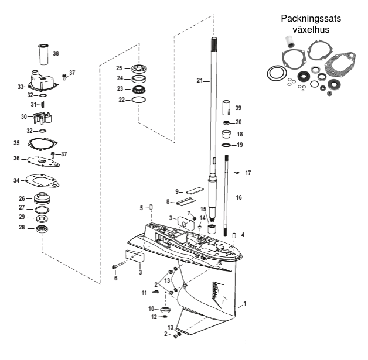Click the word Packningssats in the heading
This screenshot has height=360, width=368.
[x=311, y=19]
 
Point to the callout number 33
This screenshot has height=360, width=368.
[x=21, y=87]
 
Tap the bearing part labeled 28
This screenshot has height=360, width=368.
[x=43, y=227]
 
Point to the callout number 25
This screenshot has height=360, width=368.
[x=119, y=68]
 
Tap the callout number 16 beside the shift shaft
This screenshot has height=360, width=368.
[x=239, y=198]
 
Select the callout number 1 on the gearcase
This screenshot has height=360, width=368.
[x=246, y=304]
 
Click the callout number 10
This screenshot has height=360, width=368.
[x=151, y=308]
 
